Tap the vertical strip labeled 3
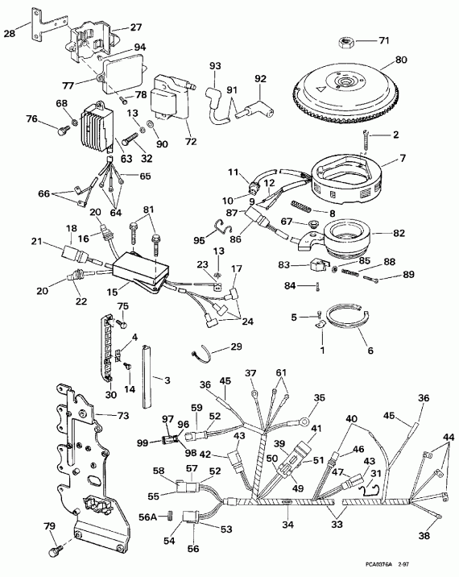[x=147, y=375]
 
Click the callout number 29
[x=236, y=347]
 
